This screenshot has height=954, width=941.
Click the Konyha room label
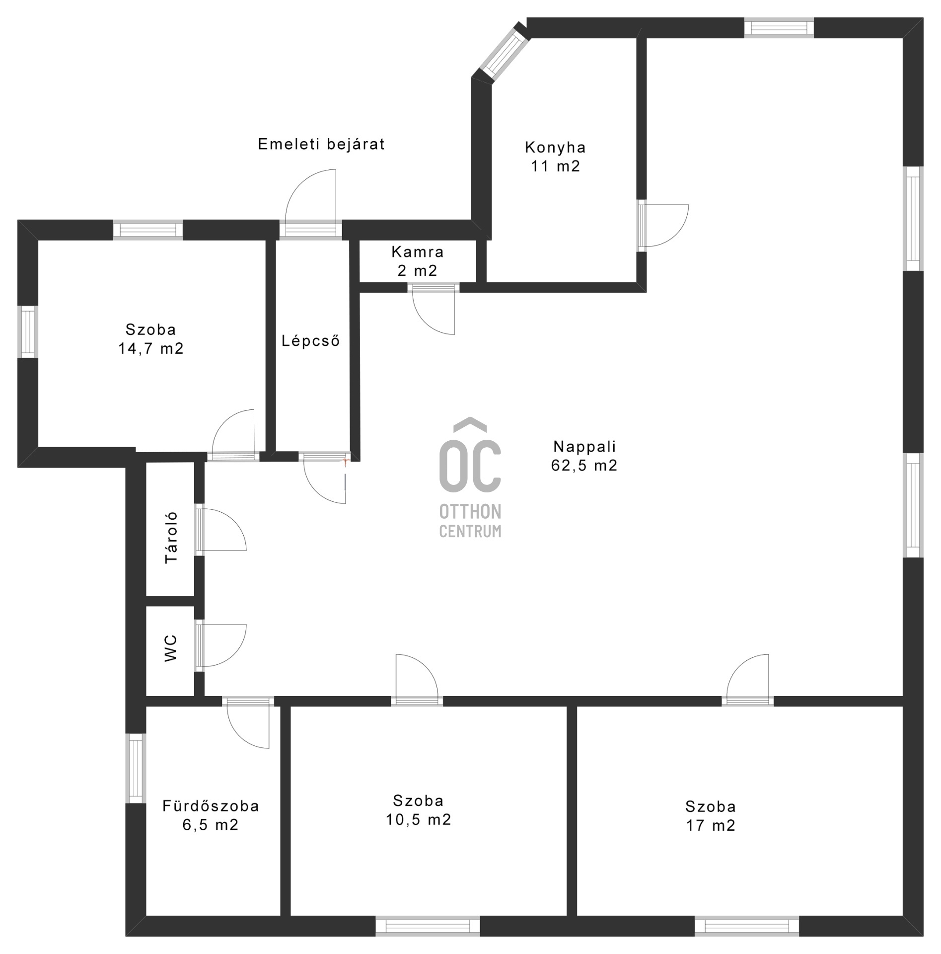[555, 148]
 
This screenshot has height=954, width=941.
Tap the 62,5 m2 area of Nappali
[584, 466]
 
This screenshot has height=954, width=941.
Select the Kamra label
[417, 252]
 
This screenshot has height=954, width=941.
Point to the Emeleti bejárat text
[321, 144]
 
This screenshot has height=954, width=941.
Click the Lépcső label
[310, 341]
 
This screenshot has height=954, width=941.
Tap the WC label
[170, 648]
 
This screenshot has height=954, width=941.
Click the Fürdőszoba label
[211, 806]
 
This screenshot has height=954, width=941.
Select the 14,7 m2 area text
[150, 349]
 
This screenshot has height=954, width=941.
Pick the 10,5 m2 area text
[419, 819]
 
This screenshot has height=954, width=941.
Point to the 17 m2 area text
[710, 825]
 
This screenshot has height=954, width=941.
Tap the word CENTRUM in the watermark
[470, 532]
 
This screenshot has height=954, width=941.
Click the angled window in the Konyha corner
[505, 51]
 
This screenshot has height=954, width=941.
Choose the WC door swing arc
[223, 645]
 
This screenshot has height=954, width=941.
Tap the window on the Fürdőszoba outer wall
[135, 768]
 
